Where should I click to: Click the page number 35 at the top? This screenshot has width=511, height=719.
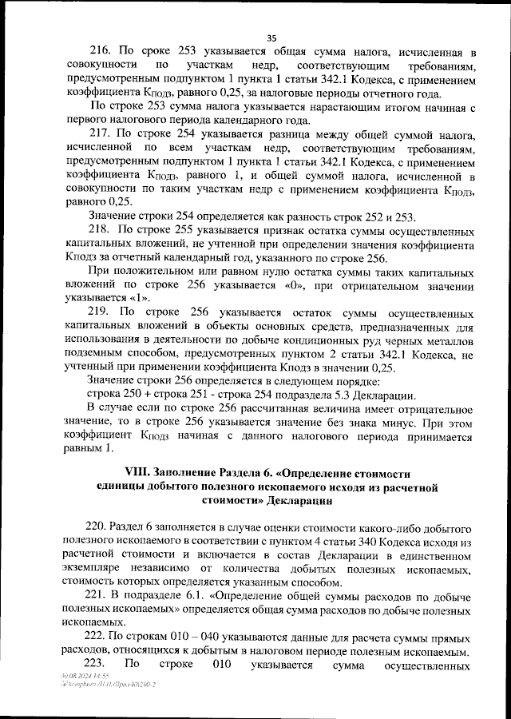tap(271, 38)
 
